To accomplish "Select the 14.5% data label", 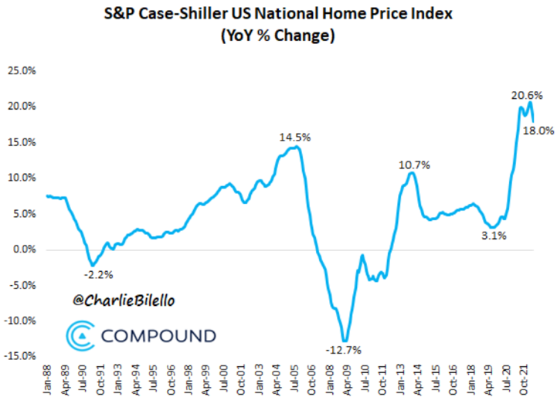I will (x=295, y=137).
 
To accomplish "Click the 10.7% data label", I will (x=414, y=165).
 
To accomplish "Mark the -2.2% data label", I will (x=100, y=273).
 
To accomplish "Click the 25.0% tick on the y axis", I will (x=21, y=70).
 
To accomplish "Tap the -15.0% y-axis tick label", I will (x=20, y=356).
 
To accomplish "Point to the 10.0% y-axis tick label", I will (x=21, y=178).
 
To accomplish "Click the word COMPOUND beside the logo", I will (x=158, y=337).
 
